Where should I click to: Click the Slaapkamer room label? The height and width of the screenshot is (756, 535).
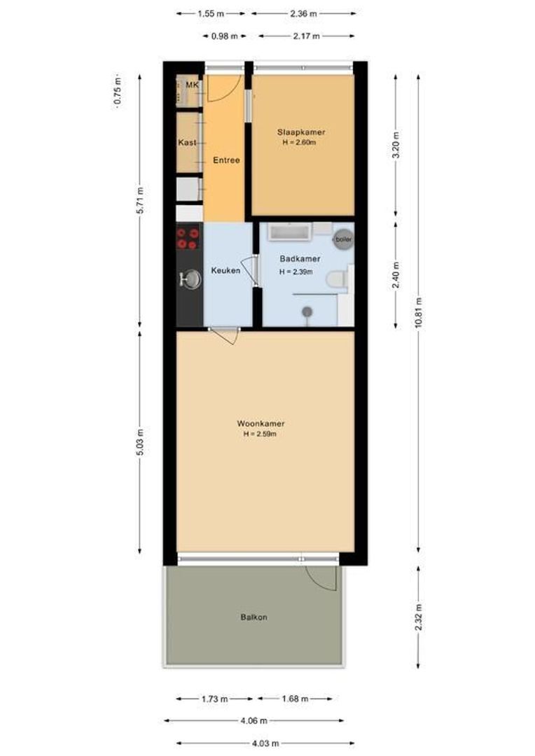(301, 132)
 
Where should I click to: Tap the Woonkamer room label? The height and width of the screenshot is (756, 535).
(260, 423)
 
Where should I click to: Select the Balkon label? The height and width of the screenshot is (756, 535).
(253, 617)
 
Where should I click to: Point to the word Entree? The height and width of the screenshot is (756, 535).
(226, 160)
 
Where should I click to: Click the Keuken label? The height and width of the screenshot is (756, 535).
(225, 271)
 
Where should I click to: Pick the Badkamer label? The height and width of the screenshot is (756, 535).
(299, 259)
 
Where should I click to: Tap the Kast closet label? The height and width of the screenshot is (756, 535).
(187, 143)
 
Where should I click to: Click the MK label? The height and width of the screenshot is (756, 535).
(190, 85)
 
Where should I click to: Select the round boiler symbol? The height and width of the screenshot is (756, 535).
(342, 239)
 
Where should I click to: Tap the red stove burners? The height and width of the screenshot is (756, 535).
(188, 239)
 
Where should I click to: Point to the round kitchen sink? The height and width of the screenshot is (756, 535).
(190, 279)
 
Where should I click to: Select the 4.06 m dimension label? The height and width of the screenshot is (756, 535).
(253, 720)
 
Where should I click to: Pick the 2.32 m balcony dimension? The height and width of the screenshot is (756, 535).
(419, 617)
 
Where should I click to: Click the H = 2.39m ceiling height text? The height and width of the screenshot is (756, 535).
(296, 272)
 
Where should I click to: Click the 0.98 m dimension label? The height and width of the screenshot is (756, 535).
(224, 36)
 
